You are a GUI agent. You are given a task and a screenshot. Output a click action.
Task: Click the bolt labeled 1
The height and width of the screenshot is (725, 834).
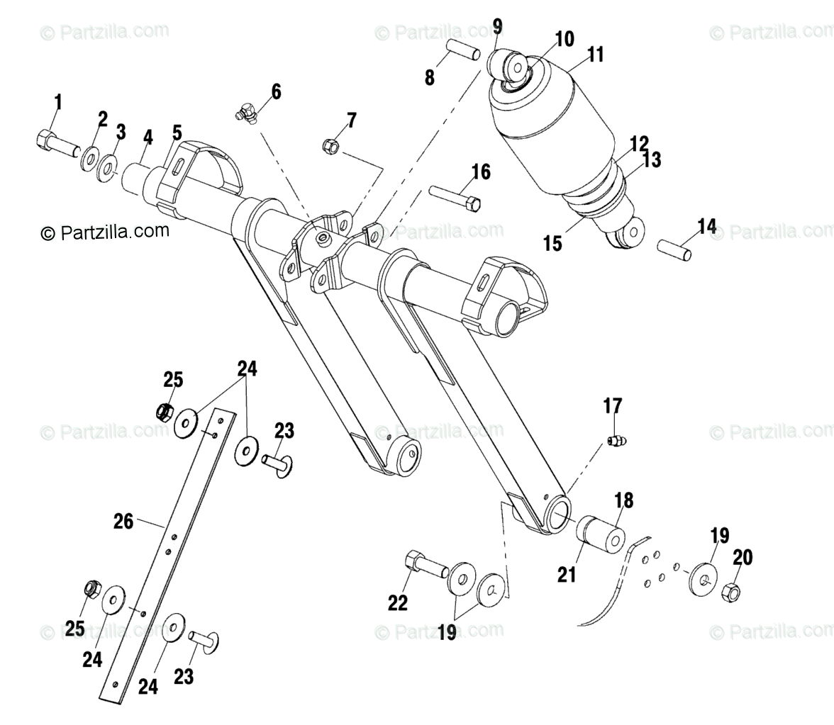pyautogui.click(x=55, y=142)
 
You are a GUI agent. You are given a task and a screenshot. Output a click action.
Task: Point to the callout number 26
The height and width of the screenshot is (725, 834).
pyautogui.click(x=123, y=522)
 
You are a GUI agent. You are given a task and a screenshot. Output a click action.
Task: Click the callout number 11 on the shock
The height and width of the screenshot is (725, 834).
pyautogui.click(x=595, y=55)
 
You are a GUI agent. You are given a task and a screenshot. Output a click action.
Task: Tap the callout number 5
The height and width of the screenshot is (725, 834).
pyautogui.click(x=177, y=133)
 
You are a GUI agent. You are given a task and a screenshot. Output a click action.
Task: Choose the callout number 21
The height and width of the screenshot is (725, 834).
pyautogui.click(x=567, y=574)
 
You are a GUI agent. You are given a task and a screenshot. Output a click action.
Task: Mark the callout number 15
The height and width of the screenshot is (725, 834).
pyautogui.click(x=552, y=243)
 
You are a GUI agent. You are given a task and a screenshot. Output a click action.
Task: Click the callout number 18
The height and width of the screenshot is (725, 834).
pyautogui.click(x=623, y=500)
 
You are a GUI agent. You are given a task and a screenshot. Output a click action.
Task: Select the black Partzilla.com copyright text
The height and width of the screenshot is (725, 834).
pyautogui.click(x=105, y=231)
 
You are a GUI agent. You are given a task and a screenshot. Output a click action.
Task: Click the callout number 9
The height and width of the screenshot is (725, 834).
pyautogui.click(x=497, y=27)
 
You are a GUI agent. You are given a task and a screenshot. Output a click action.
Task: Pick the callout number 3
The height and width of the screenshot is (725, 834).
pyautogui.click(x=121, y=133)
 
